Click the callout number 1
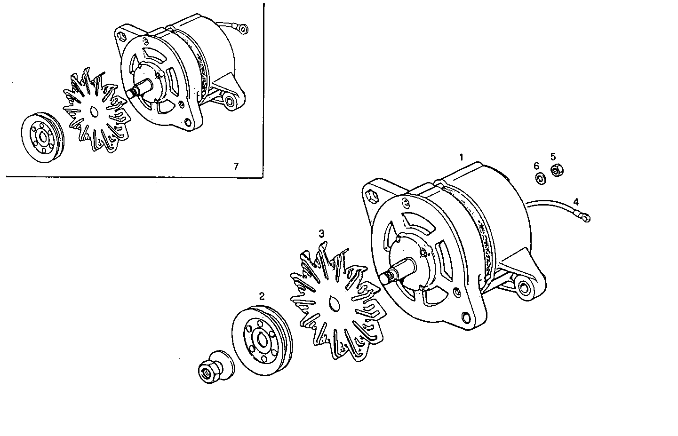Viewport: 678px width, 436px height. [x=462, y=157]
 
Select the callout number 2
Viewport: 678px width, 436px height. [x=262, y=296]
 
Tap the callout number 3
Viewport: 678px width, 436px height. [x=321, y=233]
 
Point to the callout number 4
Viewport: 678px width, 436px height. [x=575, y=202]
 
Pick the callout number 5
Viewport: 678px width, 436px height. [x=553, y=156]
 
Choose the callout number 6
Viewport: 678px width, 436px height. [x=536, y=166]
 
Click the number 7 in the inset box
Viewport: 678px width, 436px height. [x=236, y=166]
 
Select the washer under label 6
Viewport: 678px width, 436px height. [x=540, y=178]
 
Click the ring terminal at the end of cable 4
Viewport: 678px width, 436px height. [x=585, y=217]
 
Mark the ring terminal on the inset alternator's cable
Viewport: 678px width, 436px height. [x=243, y=30]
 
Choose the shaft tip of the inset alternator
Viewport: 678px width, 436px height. [x=130, y=93]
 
